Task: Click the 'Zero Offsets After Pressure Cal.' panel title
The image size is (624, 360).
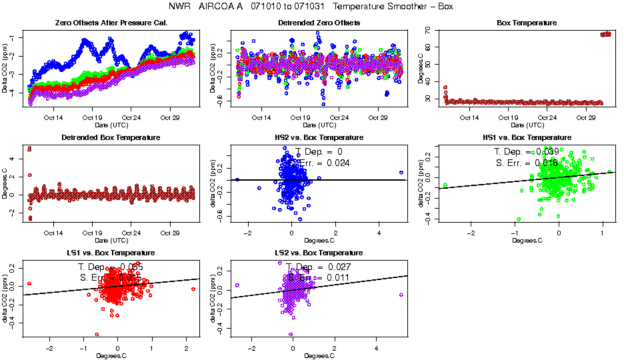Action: click(111, 23)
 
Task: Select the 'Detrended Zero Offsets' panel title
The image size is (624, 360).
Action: click(319, 23)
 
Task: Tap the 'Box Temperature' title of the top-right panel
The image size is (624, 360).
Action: click(527, 23)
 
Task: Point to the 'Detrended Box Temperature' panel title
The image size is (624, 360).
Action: click(111, 137)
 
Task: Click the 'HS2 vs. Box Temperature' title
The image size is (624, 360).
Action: click(319, 137)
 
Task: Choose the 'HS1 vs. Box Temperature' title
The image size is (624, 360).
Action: click(527, 137)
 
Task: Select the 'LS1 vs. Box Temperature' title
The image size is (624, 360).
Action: click(111, 253)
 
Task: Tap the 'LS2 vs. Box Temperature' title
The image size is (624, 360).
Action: click(319, 253)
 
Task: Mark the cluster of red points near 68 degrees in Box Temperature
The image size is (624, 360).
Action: click(605, 34)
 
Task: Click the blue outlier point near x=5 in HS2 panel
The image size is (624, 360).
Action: click(401, 172)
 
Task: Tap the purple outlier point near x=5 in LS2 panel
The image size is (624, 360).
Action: click(401, 295)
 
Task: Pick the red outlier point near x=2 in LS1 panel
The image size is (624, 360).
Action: click(193, 289)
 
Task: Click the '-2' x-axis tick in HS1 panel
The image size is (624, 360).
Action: click(471, 233)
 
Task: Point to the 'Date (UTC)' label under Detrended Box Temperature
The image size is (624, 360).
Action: click(111, 240)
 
